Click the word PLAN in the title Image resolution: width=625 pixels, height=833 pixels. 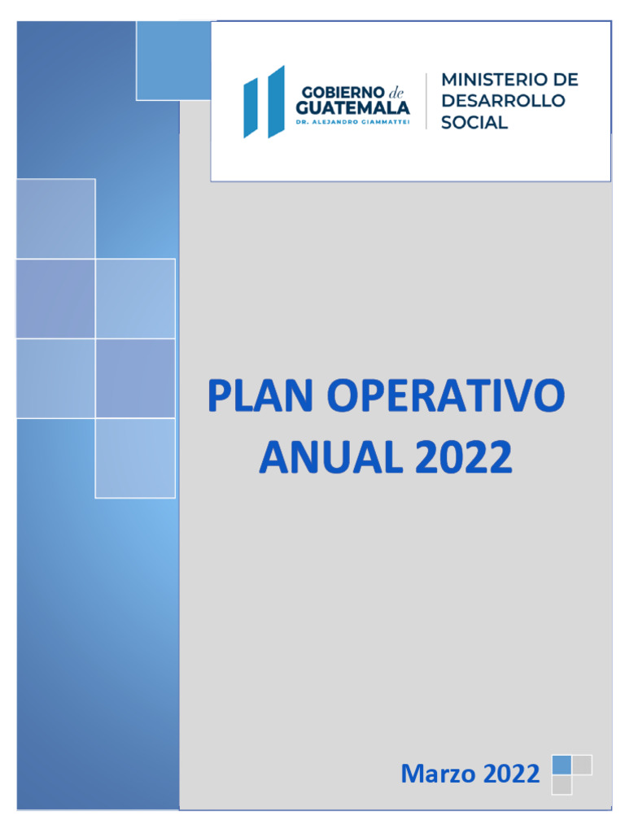tap(260, 395)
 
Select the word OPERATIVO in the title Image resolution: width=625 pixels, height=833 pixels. tap(445, 395)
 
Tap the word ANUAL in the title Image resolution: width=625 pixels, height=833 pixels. tap(330, 457)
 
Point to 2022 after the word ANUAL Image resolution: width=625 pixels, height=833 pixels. tap(463, 457)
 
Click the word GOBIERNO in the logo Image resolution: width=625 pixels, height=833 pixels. tap(343, 93)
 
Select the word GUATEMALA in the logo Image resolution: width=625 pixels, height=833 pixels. tap(353, 108)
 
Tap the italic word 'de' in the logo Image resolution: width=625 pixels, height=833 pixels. tap(396, 93)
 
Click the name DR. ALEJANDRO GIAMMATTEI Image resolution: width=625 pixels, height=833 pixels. tap(353, 122)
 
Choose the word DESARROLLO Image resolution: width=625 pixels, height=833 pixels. tap(503, 100)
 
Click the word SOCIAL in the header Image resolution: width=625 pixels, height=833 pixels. tap(474, 122)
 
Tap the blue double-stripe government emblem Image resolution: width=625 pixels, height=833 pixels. tap(264, 102)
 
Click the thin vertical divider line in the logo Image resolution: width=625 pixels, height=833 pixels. tap(426, 101)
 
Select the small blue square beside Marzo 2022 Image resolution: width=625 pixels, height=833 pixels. tap(562, 765)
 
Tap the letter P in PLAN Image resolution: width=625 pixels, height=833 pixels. tap(220, 395)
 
